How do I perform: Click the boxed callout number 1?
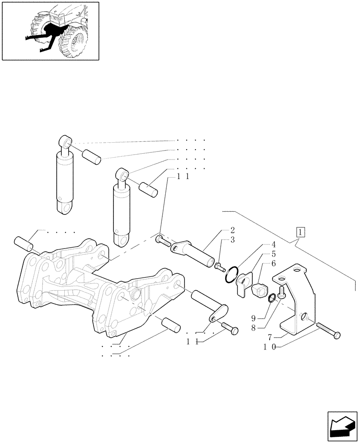click(300, 232)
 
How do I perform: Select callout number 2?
click(232, 230)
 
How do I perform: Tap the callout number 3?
click(232, 240)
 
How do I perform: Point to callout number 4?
click(274, 244)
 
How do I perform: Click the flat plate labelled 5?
click(243, 282)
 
